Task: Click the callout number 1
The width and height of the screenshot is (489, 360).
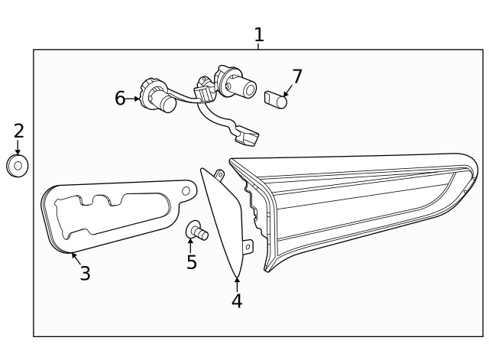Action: pyautogui.click(x=258, y=34)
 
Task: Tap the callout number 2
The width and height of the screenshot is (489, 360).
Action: pyautogui.click(x=18, y=130)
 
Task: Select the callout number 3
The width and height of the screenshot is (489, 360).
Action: pyautogui.click(x=85, y=273)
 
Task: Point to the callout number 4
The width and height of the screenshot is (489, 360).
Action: pyautogui.click(x=237, y=300)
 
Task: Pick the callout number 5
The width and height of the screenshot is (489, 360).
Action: pyautogui.click(x=191, y=262)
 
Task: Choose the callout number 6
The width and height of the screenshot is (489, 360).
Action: pyautogui.click(x=120, y=98)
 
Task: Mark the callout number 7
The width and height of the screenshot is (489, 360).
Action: pyautogui.click(x=297, y=76)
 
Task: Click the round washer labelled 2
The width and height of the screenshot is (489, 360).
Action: pyautogui.click(x=18, y=165)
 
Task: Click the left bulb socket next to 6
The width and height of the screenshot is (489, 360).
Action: pyautogui.click(x=156, y=96)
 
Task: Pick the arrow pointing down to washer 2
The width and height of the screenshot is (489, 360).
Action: pyautogui.click(x=18, y=147)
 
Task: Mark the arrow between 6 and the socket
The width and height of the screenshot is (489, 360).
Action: pyautogui.click(x=134, y=98)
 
